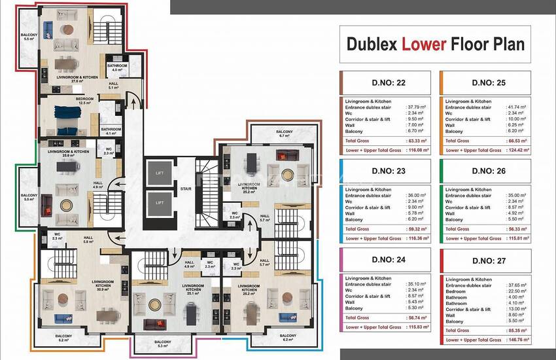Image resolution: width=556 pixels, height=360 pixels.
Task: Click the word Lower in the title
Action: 425,44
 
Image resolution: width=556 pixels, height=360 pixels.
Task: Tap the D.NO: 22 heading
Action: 384,82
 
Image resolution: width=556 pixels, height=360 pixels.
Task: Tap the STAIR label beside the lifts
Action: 186,189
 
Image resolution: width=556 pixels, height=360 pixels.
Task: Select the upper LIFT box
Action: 160,173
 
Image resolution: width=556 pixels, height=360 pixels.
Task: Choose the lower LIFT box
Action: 160,203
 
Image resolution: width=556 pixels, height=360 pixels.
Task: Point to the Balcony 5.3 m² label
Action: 163,344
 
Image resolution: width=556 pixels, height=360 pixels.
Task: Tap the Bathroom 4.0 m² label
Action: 117,67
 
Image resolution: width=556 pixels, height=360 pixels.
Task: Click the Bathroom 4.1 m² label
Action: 112,131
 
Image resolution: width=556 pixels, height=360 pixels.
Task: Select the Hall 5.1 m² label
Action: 114,85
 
